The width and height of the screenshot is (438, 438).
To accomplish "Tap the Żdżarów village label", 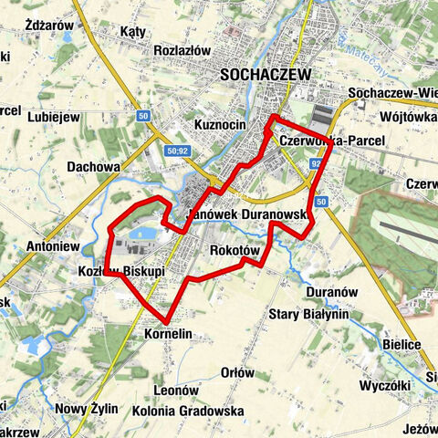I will [x=49, y=26].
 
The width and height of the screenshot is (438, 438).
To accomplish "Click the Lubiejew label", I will [x=55, y=117].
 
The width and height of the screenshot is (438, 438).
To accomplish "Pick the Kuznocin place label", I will [x=222, y=123].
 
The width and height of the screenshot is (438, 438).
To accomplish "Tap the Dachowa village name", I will [x=94, y=167].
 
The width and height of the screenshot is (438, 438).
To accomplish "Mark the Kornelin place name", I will [x=168, y=335].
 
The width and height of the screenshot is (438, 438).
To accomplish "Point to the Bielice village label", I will [x=402, y=344].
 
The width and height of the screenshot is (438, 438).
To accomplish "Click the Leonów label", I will [x=176, y=390].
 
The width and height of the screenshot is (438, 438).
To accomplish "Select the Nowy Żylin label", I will [x=87, y=408].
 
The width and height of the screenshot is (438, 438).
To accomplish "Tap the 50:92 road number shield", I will [x=178, y=151].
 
